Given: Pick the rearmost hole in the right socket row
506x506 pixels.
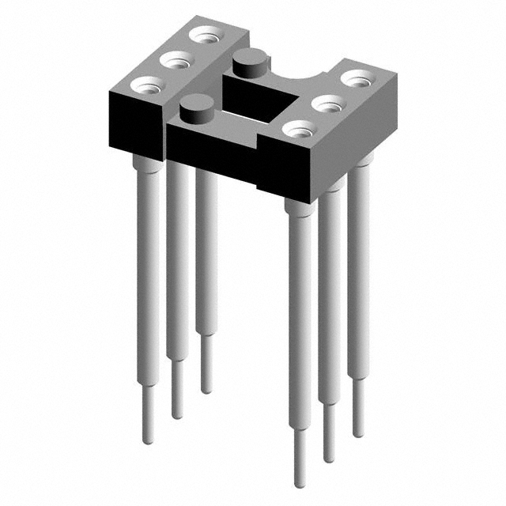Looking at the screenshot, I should (x=357, y=79).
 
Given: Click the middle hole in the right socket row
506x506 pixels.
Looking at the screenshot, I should (x=327, y=103).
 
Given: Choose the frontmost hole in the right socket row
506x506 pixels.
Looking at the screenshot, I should (x=296, y=128).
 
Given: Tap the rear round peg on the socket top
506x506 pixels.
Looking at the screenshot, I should (x=250, y=61).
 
